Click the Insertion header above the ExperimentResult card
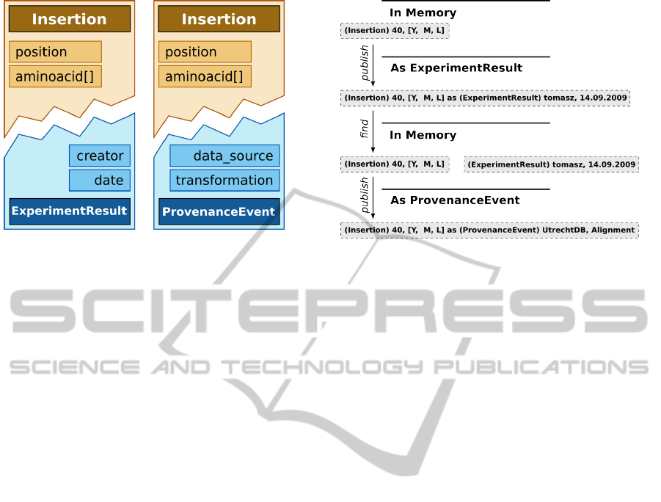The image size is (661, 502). click(x=70, y=19)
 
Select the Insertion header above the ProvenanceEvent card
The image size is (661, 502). click(x=219, y=19)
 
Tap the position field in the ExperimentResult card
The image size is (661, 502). click(x=55, y=52)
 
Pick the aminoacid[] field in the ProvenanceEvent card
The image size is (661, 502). click(x=205, y=76)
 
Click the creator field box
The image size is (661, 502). click(x=100, y=156)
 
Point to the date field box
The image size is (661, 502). click(x=100, y=180)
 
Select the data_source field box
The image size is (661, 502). click(x=224, y=156)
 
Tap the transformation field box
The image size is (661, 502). click(x=224, y=180)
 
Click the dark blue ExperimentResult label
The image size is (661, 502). click(x=70, y=211)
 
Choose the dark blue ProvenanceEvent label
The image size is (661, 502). click(x=219, y=211)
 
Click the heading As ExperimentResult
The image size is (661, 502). click(x=456, y=68)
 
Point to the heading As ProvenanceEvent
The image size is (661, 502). click(x=456, y=200)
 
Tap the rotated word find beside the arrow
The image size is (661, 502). click(x=364, y=128)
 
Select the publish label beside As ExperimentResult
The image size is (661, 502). click(x=365, y=63)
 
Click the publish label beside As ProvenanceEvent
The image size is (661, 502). click(x=365, y=195)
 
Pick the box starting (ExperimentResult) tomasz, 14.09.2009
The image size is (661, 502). click(x=552, y=164)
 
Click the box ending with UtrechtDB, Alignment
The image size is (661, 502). click(x=489, y=230)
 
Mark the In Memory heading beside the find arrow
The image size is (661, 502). click(x=423, y=135)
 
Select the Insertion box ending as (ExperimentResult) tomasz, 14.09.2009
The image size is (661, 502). click(x=485, y=98)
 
